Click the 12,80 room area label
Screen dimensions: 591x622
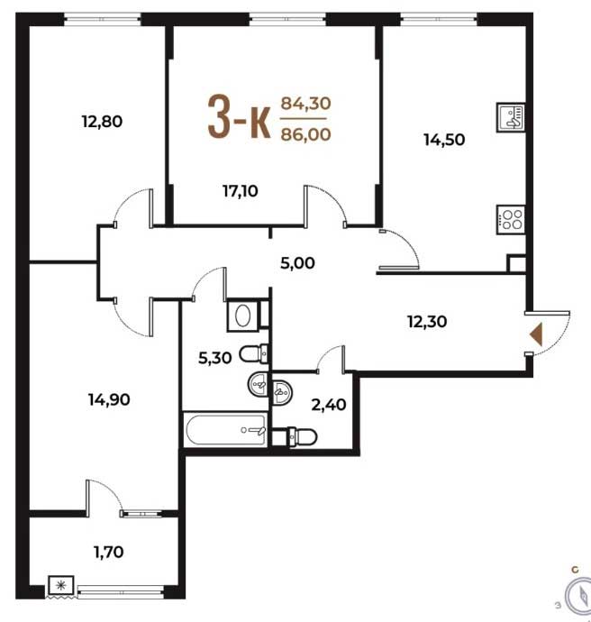point(103,122)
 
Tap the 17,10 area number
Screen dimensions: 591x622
point(241,191)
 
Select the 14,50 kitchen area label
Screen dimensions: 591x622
point(444,140)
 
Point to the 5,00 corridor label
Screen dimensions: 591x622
point(297,263)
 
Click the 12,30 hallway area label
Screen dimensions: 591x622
point(427,321)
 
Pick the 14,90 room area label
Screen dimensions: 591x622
point(109,399)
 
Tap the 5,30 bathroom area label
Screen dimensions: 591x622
point(214,358)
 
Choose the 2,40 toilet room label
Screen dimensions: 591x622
point(329,405)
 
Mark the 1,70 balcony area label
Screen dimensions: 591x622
point(109,552)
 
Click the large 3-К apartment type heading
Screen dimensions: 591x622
point(240,118)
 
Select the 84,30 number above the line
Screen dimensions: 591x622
point(305,104)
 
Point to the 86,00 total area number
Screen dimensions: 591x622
point(305,134)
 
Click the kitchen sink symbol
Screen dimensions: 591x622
point(511,117)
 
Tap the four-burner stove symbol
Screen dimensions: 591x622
point(511,220)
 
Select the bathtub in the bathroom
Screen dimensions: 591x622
point(226,430)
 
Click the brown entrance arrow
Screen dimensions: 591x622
point(536,334)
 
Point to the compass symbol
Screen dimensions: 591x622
point(580,596)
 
